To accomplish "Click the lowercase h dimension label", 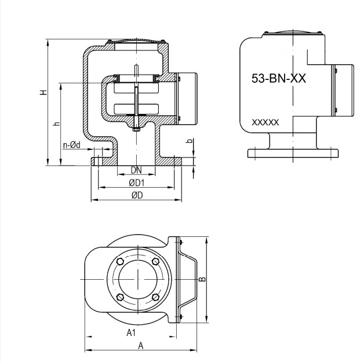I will [x=56, y=123].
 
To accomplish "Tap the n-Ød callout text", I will [x=72, y=144].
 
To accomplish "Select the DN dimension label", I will [x=136, y=170].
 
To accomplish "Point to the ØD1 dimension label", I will [x=136, y=182].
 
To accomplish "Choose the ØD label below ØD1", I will [x=137, y=195].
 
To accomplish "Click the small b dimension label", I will [x=189, y=141].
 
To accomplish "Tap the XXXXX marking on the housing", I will [x=266, y=123].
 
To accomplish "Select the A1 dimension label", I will [x=131, y=332].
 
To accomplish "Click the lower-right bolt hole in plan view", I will [x=155, y=297].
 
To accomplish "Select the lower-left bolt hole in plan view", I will [x=119, y=297].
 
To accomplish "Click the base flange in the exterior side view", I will [x=293, y=153].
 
